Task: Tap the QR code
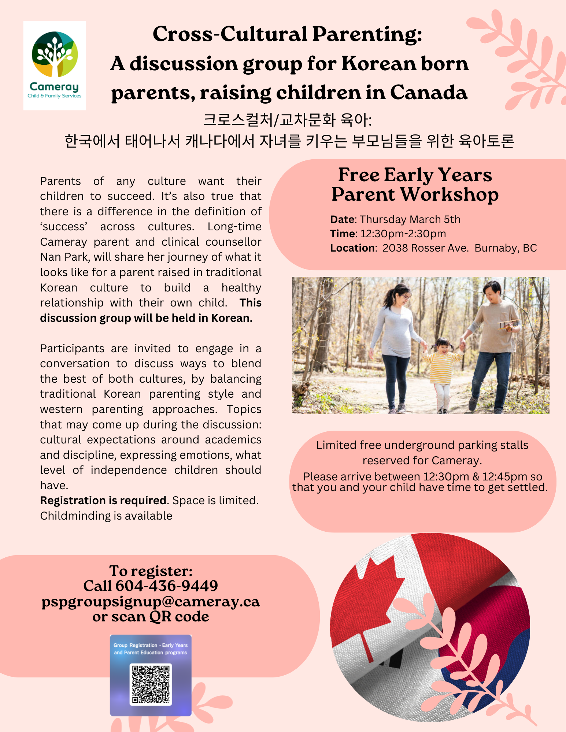(151, 684)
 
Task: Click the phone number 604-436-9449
(167, 586)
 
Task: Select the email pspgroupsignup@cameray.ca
(151, 601)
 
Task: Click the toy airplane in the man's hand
(509, 324)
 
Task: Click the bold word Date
(343, 219)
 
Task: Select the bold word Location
(352, 248)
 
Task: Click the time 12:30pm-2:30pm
(403, 234)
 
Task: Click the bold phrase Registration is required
(103, 501)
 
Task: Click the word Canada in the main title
(429, 93)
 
